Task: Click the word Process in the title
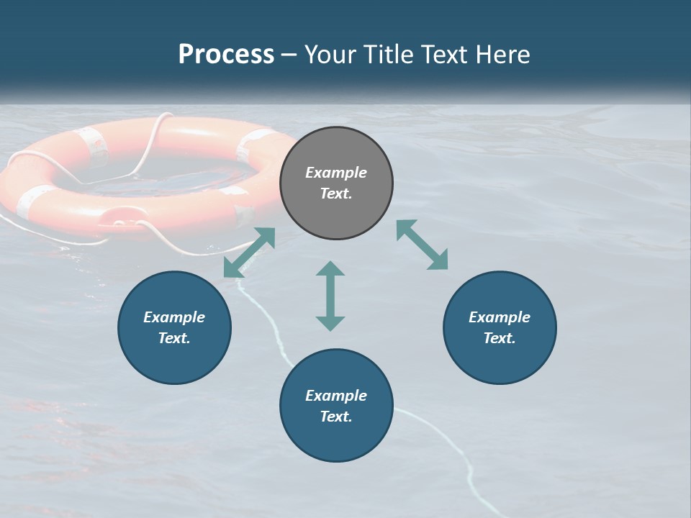(226, 55)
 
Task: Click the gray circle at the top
(336, 209)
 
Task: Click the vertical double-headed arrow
(330, 296)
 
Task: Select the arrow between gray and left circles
(249, 253)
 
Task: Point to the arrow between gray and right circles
(423, 245)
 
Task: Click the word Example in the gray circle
(336, 173)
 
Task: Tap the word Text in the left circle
(174, 338)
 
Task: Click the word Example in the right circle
(500, 317)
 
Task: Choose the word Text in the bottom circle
(336, 417)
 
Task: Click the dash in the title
(289, 55)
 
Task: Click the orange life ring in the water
(58, 209)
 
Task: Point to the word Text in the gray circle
(336, 194)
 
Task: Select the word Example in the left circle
(174, 317)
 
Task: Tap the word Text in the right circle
(500, 338)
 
